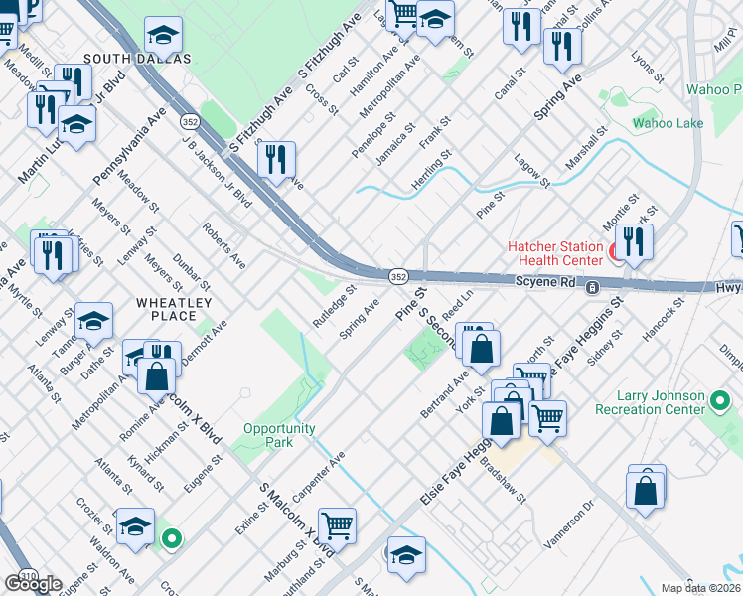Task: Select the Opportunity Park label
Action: pos(279,435)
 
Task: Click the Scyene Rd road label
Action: pos(545,283)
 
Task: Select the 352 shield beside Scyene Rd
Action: pos(397,275)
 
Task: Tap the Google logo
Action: pos(33,583)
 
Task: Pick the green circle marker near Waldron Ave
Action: pos(172,539)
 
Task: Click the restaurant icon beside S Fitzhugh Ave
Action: pos(276,158)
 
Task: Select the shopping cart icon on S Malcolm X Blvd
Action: pos(337,523)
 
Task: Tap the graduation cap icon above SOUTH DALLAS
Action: pos(163,35)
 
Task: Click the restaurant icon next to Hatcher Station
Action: pos(633,240)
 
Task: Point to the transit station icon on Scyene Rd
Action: pos(592,288)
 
